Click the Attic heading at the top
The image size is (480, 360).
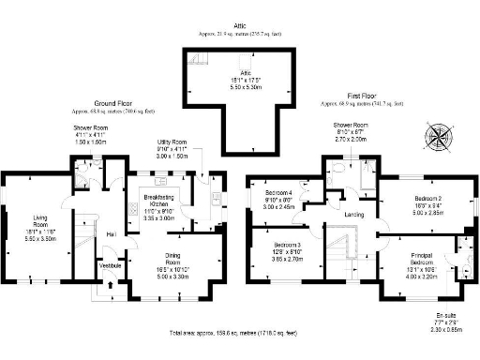[241, 25]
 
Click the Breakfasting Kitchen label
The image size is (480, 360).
[155, 200]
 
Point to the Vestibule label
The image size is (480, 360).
[113, 265]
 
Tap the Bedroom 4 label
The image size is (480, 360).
[278, 193]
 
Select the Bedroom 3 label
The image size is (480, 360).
[279, 231]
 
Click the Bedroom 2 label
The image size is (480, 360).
[427, 199]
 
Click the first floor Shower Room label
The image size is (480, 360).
[352, 124]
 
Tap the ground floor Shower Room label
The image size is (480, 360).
[92, 127]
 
